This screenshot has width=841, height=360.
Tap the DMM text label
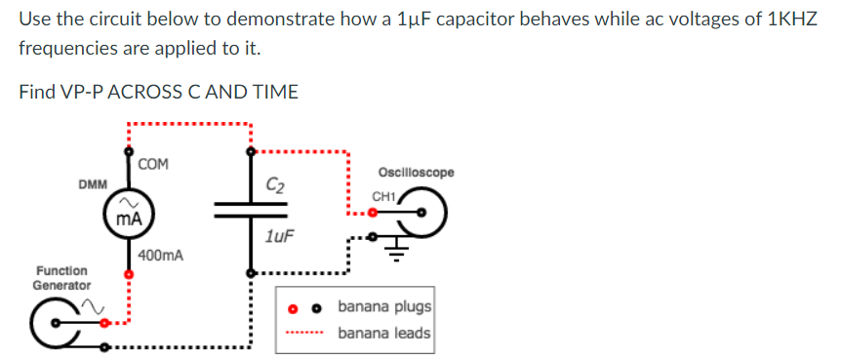[x=93, y=183]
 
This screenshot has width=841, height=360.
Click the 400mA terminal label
[x=160, y=256]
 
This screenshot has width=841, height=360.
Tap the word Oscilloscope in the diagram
[x=415, y=173]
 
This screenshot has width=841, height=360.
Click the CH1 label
[x=382, y=197]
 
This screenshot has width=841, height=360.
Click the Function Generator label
[x=61, y=277]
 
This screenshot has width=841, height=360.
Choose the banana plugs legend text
[x=384, y=307]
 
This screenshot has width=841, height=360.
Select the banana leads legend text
[x=384, y=334]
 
